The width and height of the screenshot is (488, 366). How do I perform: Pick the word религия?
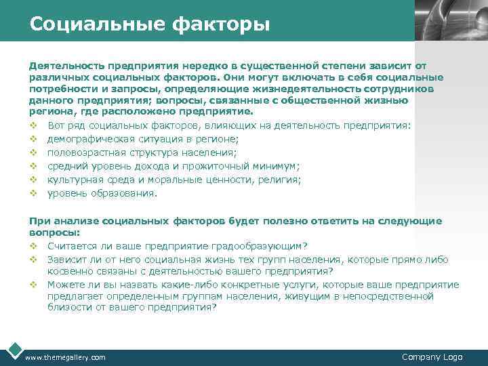click(281, 180)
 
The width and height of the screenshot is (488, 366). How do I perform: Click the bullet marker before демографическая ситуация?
click(33, 139)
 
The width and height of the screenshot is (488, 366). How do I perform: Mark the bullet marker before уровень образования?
click(33, 193)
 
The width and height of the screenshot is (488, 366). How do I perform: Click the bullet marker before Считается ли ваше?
click(33, 245)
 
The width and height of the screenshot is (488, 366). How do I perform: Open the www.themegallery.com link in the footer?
click(65, 357)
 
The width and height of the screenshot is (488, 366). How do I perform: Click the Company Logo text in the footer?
click(432, 357)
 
